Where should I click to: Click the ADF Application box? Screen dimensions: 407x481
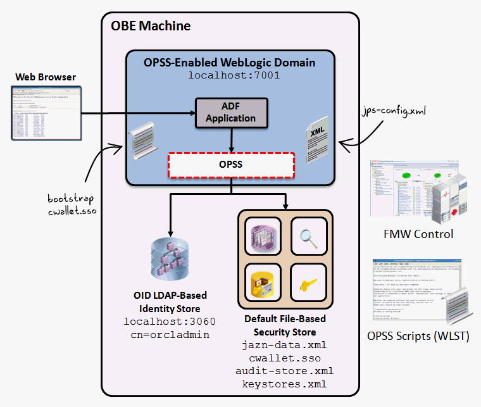(x=230, y=112)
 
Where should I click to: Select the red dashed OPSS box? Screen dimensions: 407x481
(x=231, y=164)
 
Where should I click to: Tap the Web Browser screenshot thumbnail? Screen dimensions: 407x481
(x=46, y=113)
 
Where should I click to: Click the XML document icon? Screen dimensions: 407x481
(x=317, y=140)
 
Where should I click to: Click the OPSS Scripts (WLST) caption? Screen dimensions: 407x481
(x=418, y=336)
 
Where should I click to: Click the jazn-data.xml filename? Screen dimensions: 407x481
(x=284, y=346)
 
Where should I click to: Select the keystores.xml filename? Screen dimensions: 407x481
(x=284, y=384)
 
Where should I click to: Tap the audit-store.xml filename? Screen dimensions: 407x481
(x=284, y=371)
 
